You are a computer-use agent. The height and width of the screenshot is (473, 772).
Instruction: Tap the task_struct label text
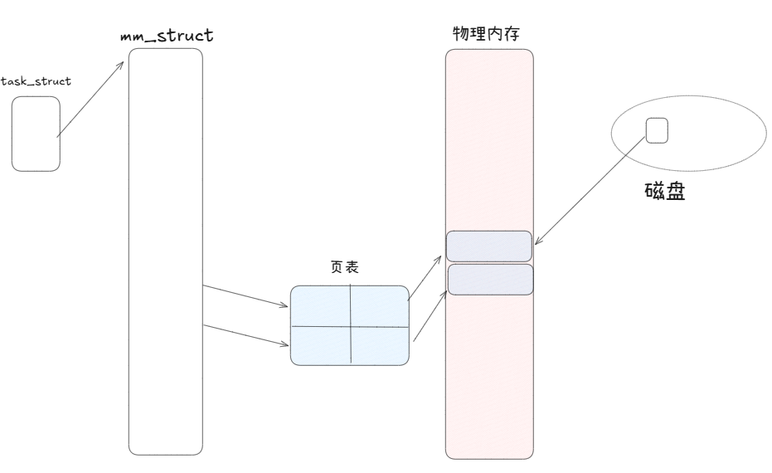tap(36, 80)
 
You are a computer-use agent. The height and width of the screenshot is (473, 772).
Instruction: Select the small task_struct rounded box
tap(36, 134)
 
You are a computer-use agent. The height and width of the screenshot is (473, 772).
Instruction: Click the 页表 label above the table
tap(344, 268)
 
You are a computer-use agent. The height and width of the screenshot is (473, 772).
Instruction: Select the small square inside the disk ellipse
tap(657, 131)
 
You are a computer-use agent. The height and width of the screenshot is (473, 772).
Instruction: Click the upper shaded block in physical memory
tap(489, 246)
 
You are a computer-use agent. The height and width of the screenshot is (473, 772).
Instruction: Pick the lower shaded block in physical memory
tap(490, 280)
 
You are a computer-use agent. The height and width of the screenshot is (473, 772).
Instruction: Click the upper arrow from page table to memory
tap(427, 277)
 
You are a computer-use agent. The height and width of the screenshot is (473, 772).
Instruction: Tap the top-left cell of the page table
tap(321, 306)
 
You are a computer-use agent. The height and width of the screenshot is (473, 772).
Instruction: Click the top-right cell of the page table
tap(381, 306)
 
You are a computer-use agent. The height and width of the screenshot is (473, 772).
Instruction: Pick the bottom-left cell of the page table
tap(321, 345)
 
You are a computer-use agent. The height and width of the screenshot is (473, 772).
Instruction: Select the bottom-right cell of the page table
tap(381, 345)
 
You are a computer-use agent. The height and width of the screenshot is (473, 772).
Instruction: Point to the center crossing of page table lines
tap(352, 326)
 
